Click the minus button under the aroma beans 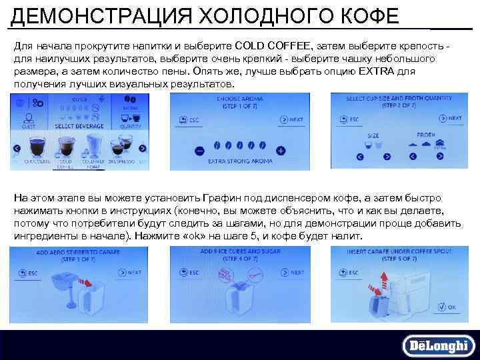click(198, 151)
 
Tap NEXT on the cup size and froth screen click(450, 119)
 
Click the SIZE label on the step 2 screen click(373, 135)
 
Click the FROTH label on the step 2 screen click(426, 135)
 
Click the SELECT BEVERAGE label click(79, 125)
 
